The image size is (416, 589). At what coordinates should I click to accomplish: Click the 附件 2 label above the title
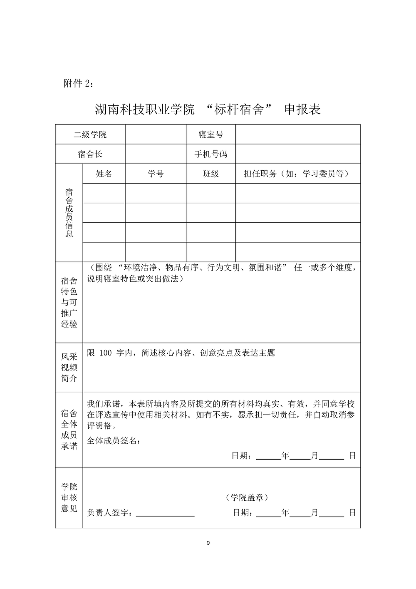pos(79,83)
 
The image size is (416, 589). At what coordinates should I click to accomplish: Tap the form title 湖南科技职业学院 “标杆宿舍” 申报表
pos(208,109)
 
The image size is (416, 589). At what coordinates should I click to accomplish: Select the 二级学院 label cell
pos(90,134)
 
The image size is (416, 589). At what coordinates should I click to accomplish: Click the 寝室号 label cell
pos(210,134)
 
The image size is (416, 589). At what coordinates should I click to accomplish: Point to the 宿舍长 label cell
pos(90,154)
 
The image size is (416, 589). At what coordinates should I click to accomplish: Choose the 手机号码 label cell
pos(210,154)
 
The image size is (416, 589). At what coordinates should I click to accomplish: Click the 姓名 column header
pos(104,174)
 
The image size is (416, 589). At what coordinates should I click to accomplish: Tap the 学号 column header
pos(156,174)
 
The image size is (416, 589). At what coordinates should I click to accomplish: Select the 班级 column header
pos(210,174)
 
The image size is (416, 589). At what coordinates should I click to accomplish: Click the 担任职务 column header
pos(297,174)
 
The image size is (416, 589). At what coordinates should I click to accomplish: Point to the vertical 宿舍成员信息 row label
pos(69,213)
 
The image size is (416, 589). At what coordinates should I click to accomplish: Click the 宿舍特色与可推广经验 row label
pos(69,302)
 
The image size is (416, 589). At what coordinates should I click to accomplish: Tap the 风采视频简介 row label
pos(69,367)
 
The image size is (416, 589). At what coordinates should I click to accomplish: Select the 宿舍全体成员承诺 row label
pos(69,430)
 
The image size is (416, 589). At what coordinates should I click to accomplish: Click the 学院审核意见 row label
pos(69,497)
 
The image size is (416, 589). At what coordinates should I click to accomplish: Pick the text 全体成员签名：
pos(114,441)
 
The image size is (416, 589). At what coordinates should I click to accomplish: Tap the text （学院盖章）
pos(247,497)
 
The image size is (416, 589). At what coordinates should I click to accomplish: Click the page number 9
pos(208,543)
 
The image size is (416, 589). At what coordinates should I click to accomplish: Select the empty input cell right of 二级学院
pos(156,134)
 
